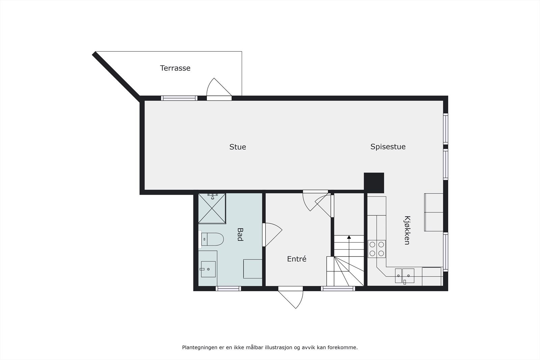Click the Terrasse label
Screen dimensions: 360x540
pyautogui.click(x=175, y=68)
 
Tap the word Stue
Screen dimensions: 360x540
pyautogui.click(x=238, y=147)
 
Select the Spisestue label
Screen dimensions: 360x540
pyautogui.click(x=388, y=147)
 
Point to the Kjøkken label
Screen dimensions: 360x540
pyautogui.click(x=407, y=230)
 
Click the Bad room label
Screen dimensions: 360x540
pyautogui.click(x=240, y=234)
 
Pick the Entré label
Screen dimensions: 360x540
pyautogui.click(x=297, y=259)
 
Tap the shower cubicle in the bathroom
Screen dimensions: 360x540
pyautogui.click(x=212, y=208)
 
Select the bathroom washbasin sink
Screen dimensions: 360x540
pyautogui.click(x=208, y=269)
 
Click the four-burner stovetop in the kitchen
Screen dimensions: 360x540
pyautogui.click(x=377, y=249)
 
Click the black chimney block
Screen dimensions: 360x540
pyautogui.click(x=374, y=183)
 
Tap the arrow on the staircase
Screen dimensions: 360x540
pyautogui.click(x=349, y=238)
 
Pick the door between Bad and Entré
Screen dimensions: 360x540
pyautogui.click(x=272, y=234)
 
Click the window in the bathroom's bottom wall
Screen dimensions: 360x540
pyautogui.click(x=228, y=288)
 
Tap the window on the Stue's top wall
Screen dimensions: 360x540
pyautogui.click(x=179, y=98)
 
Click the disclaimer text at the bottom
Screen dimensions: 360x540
pyautogui.click(x=270, y=347)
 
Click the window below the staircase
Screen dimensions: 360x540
pyautogui.click(x=338, y=288)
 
